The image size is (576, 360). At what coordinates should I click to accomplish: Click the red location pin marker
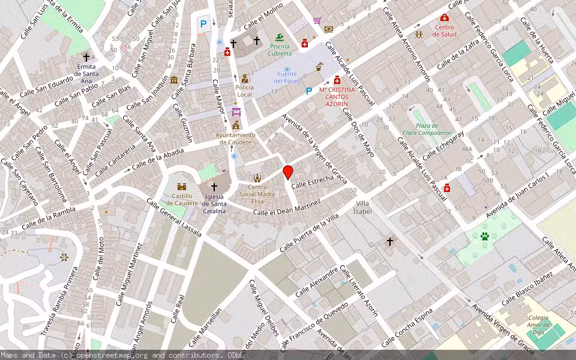(x=288, y=172)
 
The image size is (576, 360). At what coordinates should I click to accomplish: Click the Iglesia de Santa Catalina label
(x=214, y=204)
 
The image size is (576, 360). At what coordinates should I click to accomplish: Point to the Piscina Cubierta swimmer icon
(x=279, y=38)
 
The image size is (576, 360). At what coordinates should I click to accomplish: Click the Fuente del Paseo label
(x=287, y=77)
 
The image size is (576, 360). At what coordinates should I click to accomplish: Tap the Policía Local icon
(x=244, y=79)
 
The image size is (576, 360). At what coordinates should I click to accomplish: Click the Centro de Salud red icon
(x=445, y=18)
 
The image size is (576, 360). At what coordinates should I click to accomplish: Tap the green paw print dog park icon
(x=485, y=236)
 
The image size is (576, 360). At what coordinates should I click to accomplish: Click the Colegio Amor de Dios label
(x=538, y=325)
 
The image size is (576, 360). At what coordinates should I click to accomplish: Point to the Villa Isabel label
(x=362, y=208)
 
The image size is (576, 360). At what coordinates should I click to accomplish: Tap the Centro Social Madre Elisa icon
(x=257, y=178)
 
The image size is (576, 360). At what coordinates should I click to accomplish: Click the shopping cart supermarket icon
(x=317, y=20)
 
